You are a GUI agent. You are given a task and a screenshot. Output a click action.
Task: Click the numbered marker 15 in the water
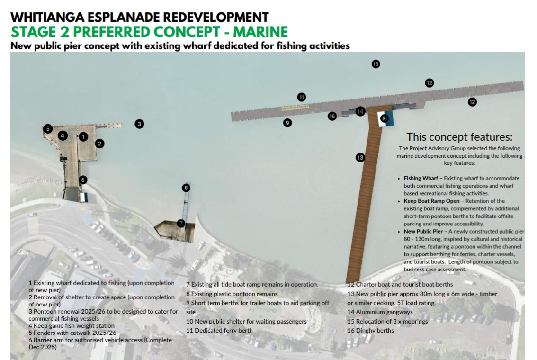coord(376,64)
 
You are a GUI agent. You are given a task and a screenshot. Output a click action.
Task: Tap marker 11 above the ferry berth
coord(301,97)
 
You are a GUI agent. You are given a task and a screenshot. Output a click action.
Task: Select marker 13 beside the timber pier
coord(360,158)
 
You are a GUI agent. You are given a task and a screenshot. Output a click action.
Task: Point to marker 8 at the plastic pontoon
coord(186,188)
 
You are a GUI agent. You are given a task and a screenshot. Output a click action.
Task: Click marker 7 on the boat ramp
coord(181,224)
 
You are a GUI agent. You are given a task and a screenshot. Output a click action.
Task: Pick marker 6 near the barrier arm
coord(82,180)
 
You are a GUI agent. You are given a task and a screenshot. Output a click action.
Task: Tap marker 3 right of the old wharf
coord(139,124)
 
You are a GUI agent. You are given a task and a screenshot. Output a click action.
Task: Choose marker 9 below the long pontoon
coord(287,123)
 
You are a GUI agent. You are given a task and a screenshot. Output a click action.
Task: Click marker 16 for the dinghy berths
coord(332,116)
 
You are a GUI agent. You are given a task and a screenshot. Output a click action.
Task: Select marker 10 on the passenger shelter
coord(384,118)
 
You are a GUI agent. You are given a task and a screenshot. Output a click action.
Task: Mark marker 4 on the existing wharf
coord(63,136)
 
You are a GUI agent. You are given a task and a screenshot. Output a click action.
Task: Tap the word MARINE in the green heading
coord(260,32)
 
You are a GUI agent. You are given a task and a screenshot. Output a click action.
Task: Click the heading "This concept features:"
coord(459,137)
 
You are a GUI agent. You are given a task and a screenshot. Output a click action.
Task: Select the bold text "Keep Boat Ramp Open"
coord(431,201)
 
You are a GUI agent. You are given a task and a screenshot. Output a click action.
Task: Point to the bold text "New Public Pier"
coord(423,232)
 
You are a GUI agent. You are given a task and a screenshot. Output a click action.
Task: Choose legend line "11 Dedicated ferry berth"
coord(220,331)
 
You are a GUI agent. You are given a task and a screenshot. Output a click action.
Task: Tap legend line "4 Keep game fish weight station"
coord(72,326)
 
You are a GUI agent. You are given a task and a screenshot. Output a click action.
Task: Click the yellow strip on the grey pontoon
coord(295,108)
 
